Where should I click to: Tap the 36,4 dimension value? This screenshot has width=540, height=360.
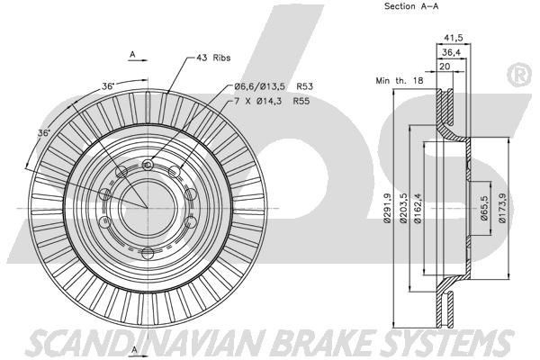pos(452,52)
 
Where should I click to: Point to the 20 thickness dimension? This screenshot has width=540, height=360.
pos(445,67)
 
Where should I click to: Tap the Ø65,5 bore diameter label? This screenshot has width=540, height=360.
pos(483,208)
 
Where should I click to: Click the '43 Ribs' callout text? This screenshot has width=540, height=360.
pos(212,57)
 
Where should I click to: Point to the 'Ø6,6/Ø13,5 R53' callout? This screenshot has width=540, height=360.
pos(272,87)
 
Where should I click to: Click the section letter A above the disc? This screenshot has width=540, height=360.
pos(133,55)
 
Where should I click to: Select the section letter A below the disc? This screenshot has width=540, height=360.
pos(133,348)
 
